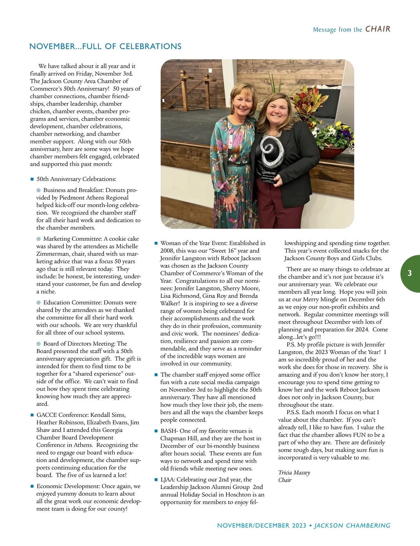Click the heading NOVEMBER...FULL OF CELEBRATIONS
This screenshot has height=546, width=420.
coord(105,47)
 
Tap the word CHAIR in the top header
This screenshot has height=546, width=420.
coord(378,29)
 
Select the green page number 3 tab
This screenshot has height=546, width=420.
coord(410,274)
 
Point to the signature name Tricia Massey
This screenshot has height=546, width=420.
coord(294,473)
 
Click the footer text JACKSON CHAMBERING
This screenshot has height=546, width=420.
coord(352,526)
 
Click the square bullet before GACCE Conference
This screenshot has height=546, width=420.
coord(32,415)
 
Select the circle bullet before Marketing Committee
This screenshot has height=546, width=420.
coord(38,239)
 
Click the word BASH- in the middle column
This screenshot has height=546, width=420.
coord(169,431)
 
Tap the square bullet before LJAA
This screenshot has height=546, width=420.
coord(156,480)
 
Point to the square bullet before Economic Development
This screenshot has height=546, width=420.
coord(32,486)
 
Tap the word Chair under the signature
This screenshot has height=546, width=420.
coord(285,480)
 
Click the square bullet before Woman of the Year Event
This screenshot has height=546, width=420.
coord(156,243)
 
